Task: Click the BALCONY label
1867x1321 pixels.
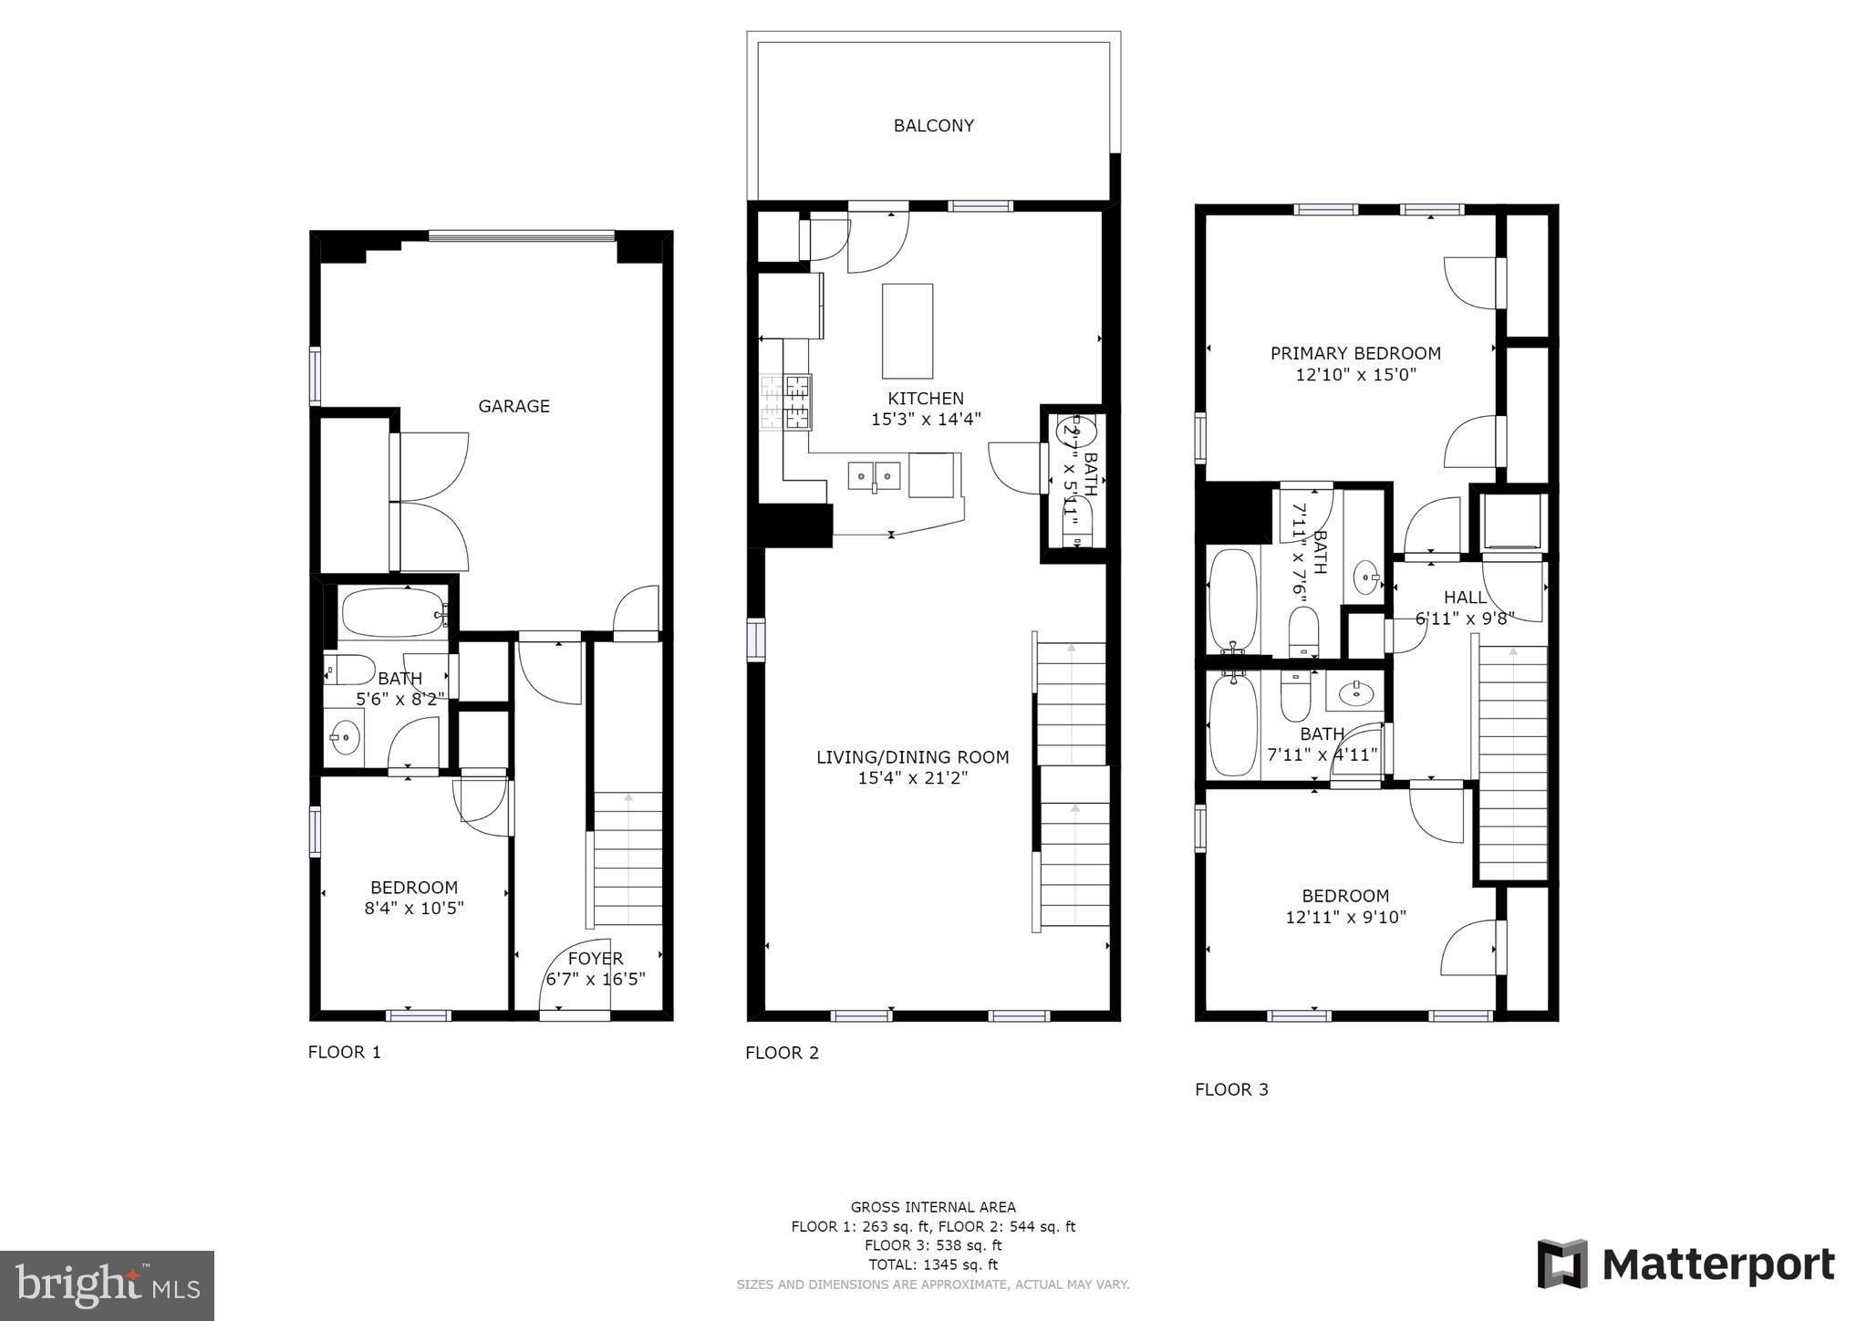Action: tap(933, 126)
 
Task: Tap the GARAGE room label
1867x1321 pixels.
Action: tap(513, 406)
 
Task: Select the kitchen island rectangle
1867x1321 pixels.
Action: tap(907, 330)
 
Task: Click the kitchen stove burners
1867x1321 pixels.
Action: tap(787, 401)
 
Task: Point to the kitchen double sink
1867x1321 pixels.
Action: tap(874, 475)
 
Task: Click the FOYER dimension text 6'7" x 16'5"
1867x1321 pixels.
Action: tap(596, 980)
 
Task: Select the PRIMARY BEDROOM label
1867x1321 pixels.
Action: tap(1355, 353)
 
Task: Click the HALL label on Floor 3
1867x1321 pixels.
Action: tap(1465, 598)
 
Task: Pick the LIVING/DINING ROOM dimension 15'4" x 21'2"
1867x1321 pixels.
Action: tap(912, 778)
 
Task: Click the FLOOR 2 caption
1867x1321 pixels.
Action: tap(782, 1053)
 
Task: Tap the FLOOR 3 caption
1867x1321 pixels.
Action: tap(1231, 1089)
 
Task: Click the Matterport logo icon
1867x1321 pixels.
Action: tap(1561, 1264)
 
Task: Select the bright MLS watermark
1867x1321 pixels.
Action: tap(107, 1285)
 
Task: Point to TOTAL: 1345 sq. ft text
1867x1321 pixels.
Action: tap(933, 1264)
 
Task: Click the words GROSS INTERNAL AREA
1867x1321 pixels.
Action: tap(933, 1207)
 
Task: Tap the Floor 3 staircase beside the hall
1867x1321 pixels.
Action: tap(1512, 762)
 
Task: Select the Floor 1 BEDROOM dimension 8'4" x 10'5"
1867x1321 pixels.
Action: tap(413, 909)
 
